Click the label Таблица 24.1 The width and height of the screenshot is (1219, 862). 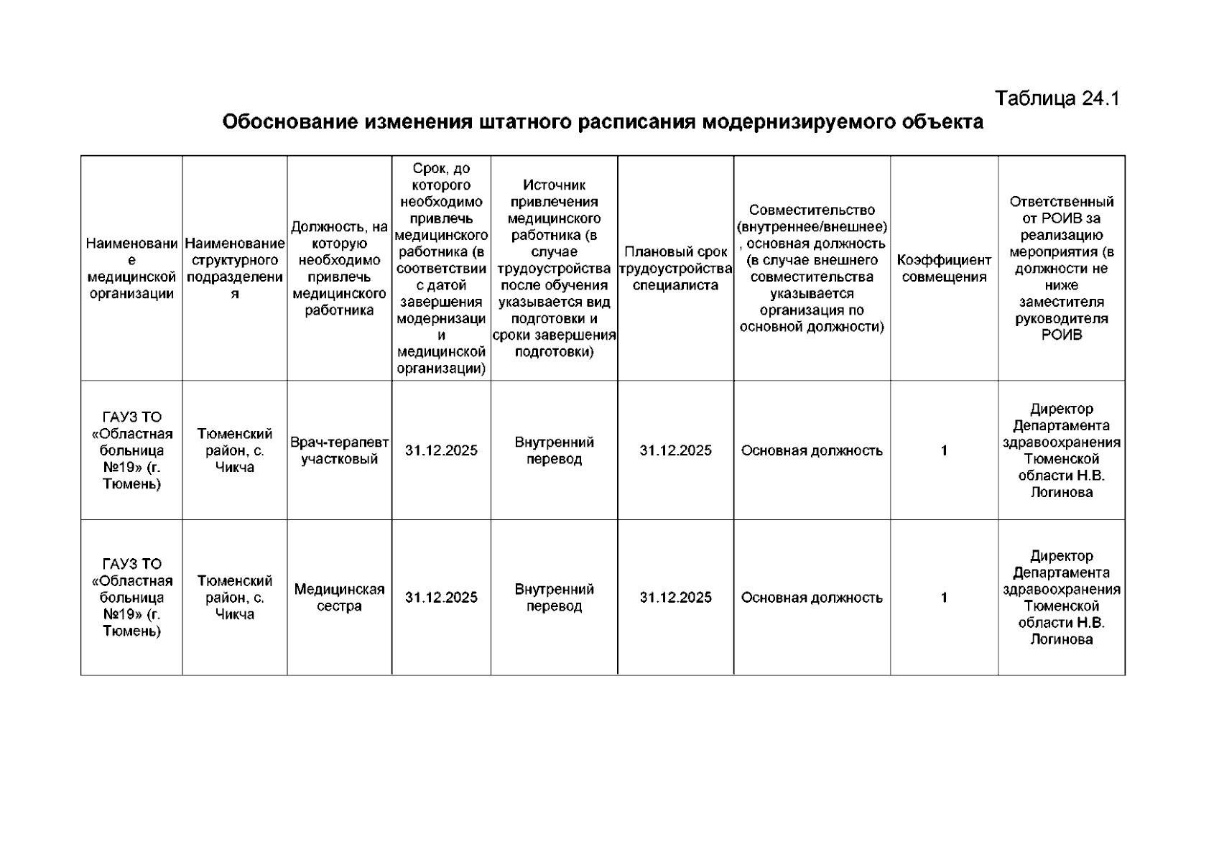[1057, 98]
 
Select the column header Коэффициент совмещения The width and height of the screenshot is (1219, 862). [944, 269]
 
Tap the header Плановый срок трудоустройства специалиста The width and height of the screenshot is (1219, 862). [675, 269]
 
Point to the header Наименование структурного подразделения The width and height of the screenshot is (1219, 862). [235, 269]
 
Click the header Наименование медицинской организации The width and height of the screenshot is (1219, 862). [131, 269]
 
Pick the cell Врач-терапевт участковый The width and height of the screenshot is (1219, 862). [339, 450]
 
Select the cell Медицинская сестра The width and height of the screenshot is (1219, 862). [339, 598]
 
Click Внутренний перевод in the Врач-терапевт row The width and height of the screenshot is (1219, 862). [554, 450]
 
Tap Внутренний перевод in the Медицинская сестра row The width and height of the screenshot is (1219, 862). [554, 598]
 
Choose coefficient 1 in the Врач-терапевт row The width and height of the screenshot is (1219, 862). [944, 450]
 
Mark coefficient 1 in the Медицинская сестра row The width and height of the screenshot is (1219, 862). [944, 598]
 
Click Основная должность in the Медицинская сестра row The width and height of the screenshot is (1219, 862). [812, 598]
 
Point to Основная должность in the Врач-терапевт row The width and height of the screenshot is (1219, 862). [812, 450]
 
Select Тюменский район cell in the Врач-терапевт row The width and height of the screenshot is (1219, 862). [235, 450]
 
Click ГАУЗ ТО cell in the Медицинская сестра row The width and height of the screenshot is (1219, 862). [131, 598]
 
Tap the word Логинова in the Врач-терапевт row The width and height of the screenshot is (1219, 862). [1062, 493]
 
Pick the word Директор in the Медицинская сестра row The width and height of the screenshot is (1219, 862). [1062, 556]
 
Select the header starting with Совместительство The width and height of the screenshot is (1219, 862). [812, 269]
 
